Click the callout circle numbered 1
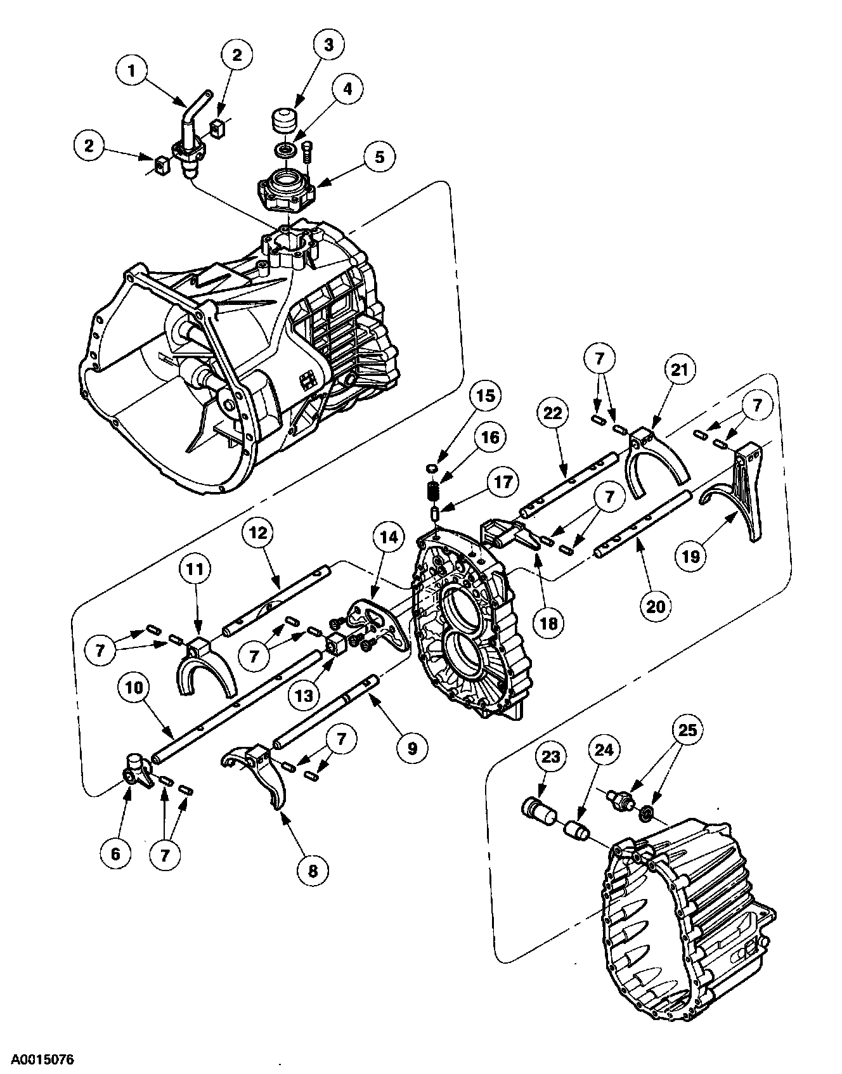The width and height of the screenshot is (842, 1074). (132, 71)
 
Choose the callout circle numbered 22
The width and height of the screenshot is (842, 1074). (553, 413)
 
